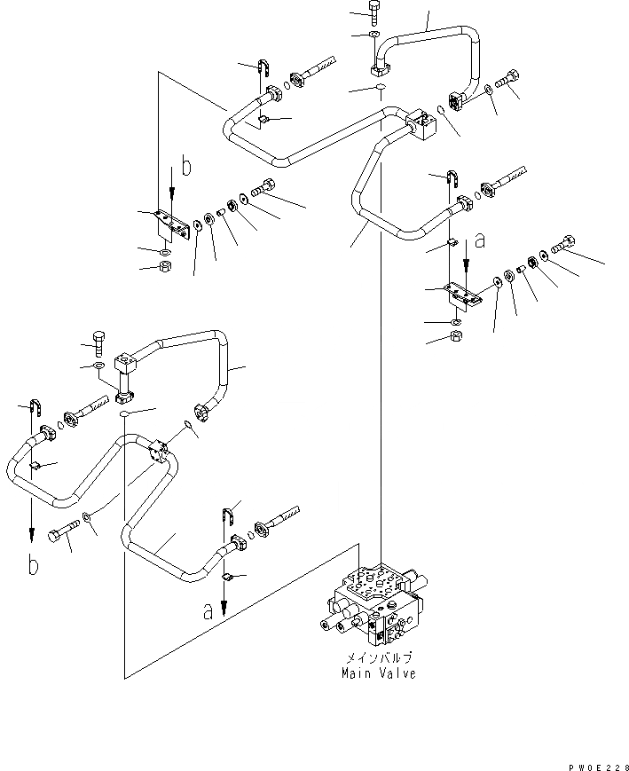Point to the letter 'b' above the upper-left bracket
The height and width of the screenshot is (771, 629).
pos(185,165)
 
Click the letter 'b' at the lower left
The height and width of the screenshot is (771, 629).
pos(34,565)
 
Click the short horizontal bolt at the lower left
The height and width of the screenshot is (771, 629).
pos(63,535)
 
